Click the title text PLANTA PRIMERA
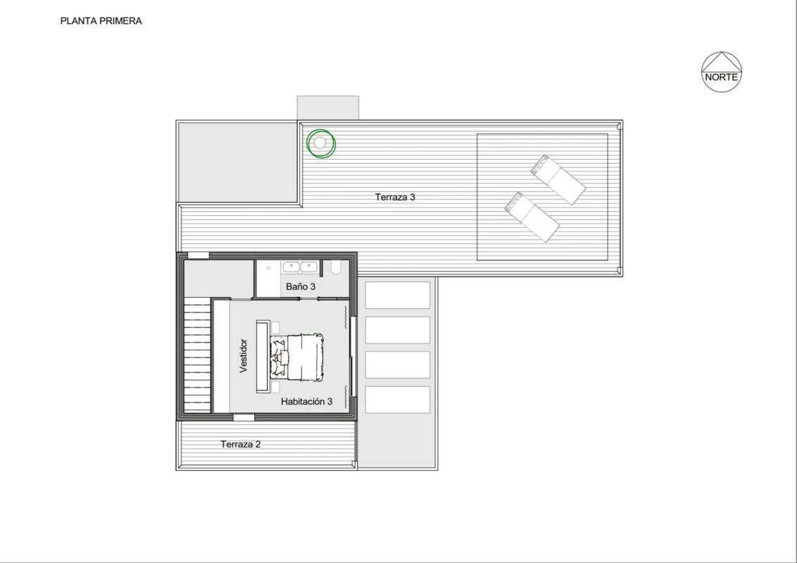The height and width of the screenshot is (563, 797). (x=101, y=21)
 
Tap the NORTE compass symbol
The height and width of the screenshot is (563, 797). (x=721, y=72)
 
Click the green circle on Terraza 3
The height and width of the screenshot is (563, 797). (x=321, y=144)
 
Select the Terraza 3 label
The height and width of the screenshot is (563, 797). (x=395, y=197)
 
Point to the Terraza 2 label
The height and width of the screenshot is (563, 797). (x=240, y=444)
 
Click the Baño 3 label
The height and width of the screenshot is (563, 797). (x=301, y=286)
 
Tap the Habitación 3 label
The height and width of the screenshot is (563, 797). (x=306, y=401)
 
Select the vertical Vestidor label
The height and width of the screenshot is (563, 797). (x=244, y=355)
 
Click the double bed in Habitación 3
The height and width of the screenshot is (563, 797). (x=297, y=357)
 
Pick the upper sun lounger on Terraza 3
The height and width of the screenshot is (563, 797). (x=558, y=179)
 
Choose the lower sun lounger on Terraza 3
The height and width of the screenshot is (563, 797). (x=532, y=217)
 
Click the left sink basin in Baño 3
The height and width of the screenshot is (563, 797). (x=291, y=267)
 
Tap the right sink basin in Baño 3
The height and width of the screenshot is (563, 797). (x=308, y=267)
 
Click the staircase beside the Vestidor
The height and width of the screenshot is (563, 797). (x=197, y=355)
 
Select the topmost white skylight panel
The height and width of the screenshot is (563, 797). (x=398, y=295)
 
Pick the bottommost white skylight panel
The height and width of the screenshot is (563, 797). (x=398, y=400)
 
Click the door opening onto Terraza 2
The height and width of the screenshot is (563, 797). (x=244, y=417)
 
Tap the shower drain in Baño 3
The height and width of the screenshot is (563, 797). (x=268, y=267)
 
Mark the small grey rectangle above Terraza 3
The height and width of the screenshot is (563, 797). (x=328, y=108)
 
